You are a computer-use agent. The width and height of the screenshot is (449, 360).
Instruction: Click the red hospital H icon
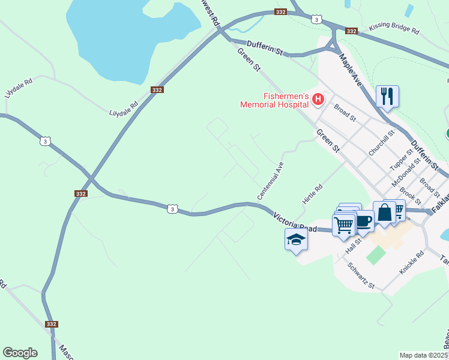[319, 99]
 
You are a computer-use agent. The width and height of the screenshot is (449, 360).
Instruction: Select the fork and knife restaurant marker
[387, 96]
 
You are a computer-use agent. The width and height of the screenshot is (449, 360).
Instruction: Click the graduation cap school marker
[296, 239]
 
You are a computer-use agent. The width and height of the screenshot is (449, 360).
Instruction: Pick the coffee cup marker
[363, 220]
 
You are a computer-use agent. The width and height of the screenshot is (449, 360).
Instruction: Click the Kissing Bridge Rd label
[394, 28]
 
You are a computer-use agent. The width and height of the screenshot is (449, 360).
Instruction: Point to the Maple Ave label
[351, 70]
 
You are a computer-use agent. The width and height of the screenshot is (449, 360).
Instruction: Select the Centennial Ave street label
[270, 181]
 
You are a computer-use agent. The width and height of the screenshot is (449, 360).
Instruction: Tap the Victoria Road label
[295, 222]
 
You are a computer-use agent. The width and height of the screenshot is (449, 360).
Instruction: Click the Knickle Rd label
[412, 263]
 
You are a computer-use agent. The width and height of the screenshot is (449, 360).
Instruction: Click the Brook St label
[409, 193]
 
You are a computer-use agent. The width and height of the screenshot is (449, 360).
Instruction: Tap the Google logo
[20, 353]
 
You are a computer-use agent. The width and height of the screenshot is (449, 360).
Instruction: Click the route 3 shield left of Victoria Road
[173, 209]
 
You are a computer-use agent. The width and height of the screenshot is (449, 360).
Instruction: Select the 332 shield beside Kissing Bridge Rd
[351, 31]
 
